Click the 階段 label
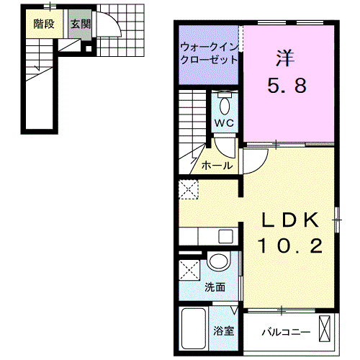pos(44,24)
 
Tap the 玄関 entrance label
pos(81,24)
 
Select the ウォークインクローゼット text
pos(210,53)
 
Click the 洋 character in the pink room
pos(285,58)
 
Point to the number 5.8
pos(287,86)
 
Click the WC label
pos(224,123)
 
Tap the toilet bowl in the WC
pos(225,106)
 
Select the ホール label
pos(217,166)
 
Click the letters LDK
pos(291,220)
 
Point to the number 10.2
pos(290,246)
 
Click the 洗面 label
pos(215,287)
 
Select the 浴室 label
pos(224,330)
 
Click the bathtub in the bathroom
pos(194,328)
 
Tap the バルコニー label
pos(286,333)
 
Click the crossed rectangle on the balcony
pos(325,328)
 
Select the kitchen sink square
pos(225,236)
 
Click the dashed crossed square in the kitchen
pos(189,189)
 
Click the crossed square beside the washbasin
pos(189,270)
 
